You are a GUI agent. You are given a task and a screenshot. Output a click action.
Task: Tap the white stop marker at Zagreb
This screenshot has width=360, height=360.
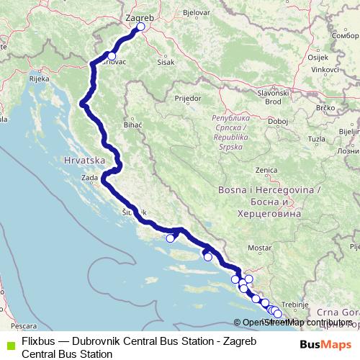(x=140, y=27)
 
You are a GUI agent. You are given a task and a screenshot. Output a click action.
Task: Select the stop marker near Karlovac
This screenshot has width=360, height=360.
(x=112, y=55)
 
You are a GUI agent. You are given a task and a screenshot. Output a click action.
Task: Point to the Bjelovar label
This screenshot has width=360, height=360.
(x=196, y=13)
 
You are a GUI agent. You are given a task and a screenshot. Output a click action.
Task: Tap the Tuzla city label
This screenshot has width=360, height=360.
(x=315, y=137)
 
